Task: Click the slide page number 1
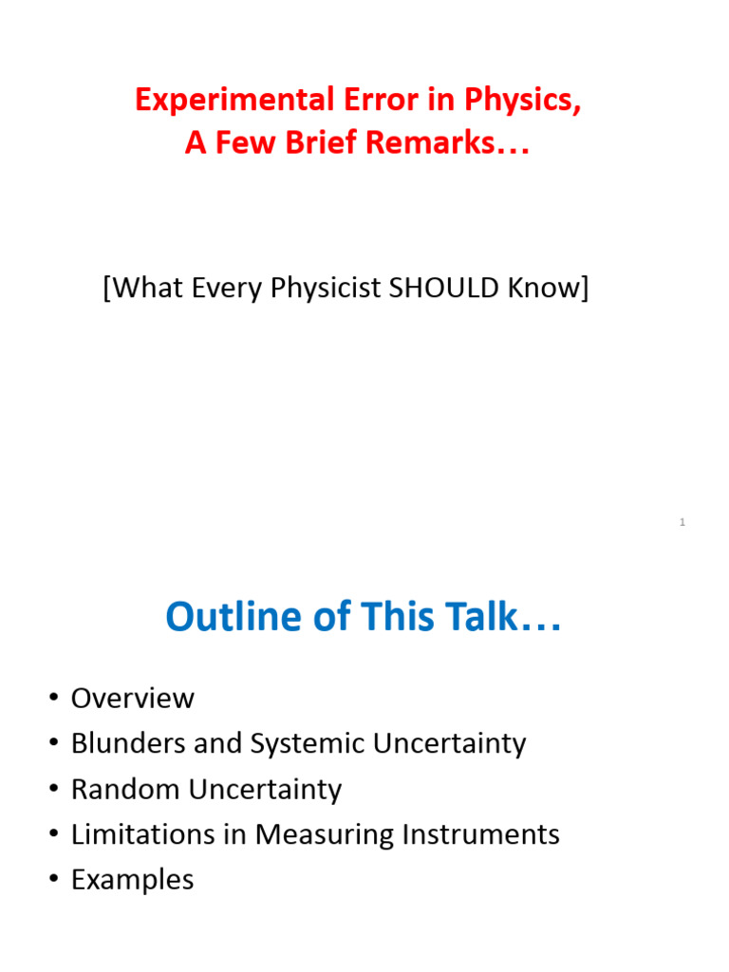point(682,523)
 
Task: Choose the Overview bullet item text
point(132,699)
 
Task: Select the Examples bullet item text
point(132,880)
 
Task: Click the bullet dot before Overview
point(52,700)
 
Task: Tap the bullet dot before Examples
point(52,881)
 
